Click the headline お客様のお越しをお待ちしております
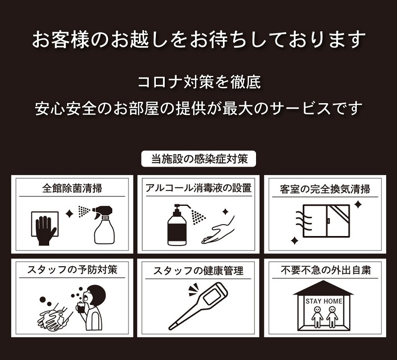click(199, 40)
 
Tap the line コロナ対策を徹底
click(199, 82)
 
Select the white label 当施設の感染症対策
click(199, 159)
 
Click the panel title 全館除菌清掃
click(72, 188)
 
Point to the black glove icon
click(46, 231)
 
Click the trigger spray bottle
click(104, 225)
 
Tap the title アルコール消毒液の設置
click(198, 188)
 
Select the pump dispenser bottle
click(178, 225)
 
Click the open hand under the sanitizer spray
click(218, 232)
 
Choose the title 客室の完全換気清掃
click(325, 189)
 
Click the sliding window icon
click(327, 221)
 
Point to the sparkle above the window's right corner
click(358, 204)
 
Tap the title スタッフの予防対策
click(72, 270)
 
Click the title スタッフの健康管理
click(198, 271)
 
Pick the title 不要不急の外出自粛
click(326, 270)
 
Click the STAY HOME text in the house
click(324, 301)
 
